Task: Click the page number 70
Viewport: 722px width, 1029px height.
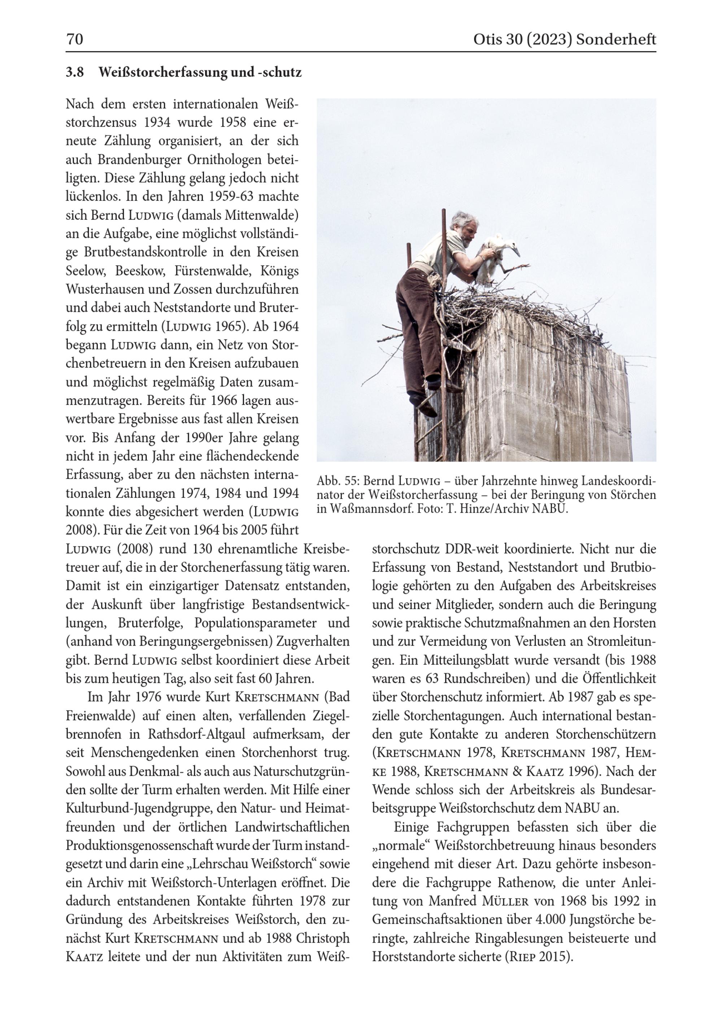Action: pyautogui.click(x=75, y=39)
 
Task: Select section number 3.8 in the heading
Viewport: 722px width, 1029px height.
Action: pyautogui.click(x=75, y=72)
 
